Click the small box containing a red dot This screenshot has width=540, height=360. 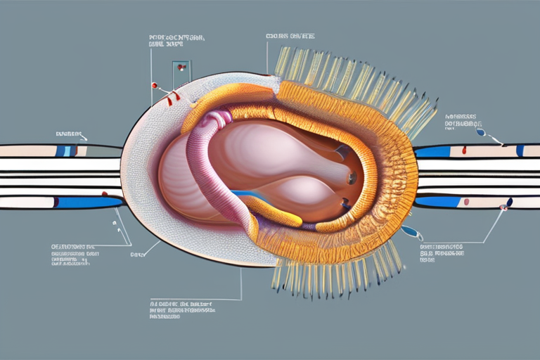coord(181,68)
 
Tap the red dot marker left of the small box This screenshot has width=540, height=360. coord(154,85)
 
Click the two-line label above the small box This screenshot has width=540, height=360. coord(175,39)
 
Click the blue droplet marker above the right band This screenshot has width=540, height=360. coord(480,131)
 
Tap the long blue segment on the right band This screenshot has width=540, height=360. coord(434,151)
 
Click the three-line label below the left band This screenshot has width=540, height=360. coord(72,255)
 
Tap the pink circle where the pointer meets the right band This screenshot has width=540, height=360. coord(503,207)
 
